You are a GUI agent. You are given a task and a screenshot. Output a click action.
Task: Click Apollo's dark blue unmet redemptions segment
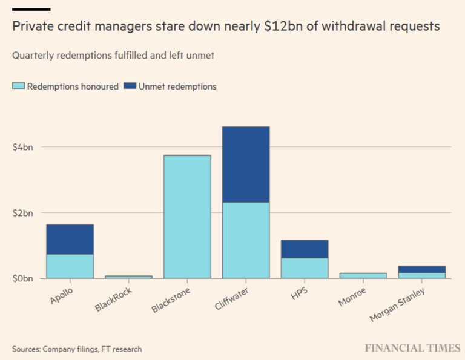point(70,239)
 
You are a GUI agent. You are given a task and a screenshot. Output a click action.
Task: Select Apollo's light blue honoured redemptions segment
point(70,266)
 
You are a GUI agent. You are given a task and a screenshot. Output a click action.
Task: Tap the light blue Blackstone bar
point(188,217)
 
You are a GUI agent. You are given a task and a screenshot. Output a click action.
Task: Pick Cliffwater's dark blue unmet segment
point(246,164)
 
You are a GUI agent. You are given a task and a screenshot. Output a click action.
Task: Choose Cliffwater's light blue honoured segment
point(246,240)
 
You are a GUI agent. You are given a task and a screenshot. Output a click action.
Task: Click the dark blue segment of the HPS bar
point(305,249)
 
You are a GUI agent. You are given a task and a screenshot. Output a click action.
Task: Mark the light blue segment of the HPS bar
point(305,268)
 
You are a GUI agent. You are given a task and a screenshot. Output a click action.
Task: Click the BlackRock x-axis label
point(115,297)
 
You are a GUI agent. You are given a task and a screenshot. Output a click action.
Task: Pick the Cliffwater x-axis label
point(232,297)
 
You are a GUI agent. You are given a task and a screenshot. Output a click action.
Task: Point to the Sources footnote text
point(77,349)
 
